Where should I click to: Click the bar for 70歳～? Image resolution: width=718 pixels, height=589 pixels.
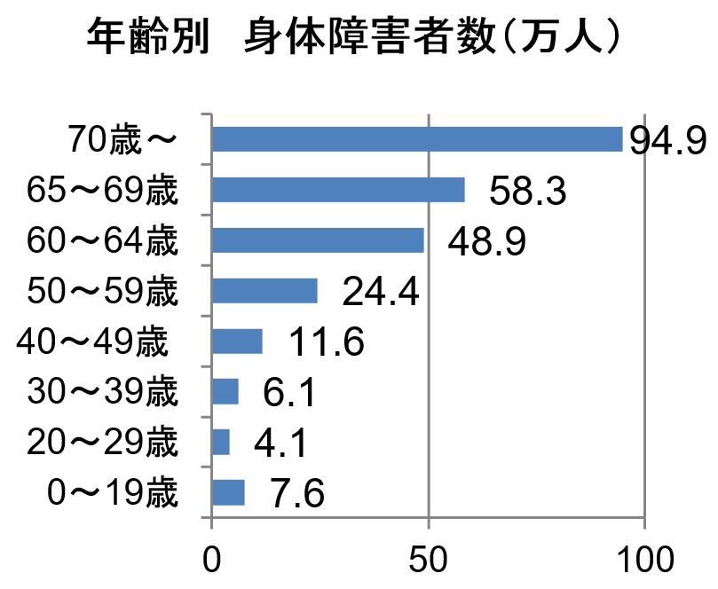point(417,139)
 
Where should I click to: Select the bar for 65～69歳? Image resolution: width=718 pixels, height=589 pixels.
point(338,190)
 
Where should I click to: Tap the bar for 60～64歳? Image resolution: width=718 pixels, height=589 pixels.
point(318,240)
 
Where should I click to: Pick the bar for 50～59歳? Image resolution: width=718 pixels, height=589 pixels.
point(264,291)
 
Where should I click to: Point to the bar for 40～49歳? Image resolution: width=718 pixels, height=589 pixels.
point(237,342)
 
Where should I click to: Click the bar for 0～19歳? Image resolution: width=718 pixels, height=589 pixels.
point(228,492)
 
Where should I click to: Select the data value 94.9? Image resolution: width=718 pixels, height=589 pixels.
point(667,140)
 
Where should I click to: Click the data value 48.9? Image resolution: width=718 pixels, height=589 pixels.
point(486,242)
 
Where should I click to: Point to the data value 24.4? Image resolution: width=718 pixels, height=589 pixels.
point(380,293)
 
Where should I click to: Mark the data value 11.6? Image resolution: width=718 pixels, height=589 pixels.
point(326,343)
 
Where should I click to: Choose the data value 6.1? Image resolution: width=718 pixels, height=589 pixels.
point(291,393)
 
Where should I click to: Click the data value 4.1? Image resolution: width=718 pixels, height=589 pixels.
point(281,444)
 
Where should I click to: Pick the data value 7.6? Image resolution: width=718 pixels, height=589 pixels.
point(297,494)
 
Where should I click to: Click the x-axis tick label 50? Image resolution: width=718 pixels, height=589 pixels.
point(429,562)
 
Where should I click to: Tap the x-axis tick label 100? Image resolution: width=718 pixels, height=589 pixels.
point(644,562)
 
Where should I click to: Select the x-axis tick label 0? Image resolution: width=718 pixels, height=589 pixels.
point(212,562)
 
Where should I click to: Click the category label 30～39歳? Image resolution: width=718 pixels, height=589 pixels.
point(102,392)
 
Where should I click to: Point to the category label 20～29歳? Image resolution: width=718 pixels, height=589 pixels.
point(102,443)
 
